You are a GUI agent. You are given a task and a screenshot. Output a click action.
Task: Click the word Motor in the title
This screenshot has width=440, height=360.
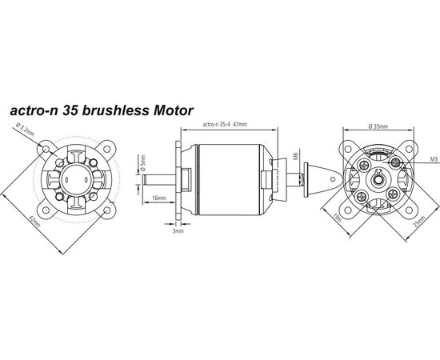tap(173, 110)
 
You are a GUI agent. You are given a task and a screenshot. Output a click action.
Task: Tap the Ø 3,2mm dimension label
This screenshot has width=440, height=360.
tap(26, 130)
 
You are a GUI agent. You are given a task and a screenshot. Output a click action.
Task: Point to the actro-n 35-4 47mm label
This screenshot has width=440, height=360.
tap(225, 124)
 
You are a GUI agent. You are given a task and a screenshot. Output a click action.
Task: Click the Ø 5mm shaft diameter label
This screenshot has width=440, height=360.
tap(143, 163)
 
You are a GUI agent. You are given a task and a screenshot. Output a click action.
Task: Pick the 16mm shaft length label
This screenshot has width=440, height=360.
tap(159, 198)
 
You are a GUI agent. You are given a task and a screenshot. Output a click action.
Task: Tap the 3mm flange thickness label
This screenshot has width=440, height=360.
tap(178, 231)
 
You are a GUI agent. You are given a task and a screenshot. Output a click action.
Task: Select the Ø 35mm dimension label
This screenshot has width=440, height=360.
tap(378, 126)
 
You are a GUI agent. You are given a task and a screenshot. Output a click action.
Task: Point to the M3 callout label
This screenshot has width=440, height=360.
tap(434, 159)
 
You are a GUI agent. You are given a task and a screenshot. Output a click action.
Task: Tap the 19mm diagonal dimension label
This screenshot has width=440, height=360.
tap(337, 218)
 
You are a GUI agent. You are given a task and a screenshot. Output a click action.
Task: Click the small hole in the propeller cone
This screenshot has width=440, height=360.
tap(333, 179)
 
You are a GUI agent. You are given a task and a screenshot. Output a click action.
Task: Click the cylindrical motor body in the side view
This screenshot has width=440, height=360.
tap(230, 180)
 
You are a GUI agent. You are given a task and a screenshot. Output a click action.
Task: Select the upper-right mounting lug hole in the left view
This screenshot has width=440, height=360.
tap(107, 149)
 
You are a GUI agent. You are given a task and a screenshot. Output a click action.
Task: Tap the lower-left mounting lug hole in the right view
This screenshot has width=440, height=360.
tap(348, 210)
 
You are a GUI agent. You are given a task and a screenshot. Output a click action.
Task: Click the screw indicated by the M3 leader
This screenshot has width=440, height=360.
tap(396, 162)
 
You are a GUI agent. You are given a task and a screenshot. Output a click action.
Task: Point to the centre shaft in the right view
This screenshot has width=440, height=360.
tap(378, 180)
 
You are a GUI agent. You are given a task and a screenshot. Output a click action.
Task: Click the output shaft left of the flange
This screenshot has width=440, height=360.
tap(159, 179)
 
